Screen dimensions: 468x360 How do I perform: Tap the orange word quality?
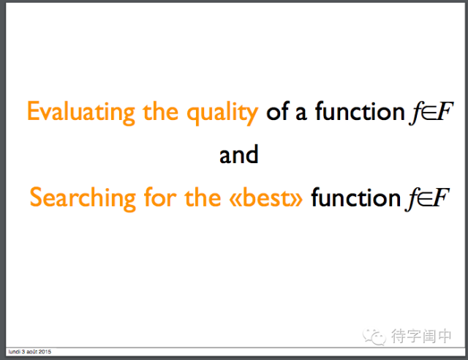222,113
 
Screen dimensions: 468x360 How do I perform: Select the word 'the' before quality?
161,111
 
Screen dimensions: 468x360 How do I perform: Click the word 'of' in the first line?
278,110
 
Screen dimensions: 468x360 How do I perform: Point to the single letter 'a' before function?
301,113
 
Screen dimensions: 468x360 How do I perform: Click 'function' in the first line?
360,110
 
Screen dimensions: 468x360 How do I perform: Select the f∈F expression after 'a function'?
431,113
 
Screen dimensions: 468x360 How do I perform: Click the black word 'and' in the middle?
239,154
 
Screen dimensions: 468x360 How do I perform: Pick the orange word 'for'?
160,197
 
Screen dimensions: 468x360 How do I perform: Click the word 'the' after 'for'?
203,197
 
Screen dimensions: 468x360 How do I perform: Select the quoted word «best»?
265,197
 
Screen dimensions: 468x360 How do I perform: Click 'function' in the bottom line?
355,197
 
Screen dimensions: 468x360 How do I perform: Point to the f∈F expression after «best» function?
427,199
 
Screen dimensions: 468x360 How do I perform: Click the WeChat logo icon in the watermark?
374,337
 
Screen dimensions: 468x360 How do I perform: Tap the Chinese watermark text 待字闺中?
421,336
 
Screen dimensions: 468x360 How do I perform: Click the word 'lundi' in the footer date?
15,352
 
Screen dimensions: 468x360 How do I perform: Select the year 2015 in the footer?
45,352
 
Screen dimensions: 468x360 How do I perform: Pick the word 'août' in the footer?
31,352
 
